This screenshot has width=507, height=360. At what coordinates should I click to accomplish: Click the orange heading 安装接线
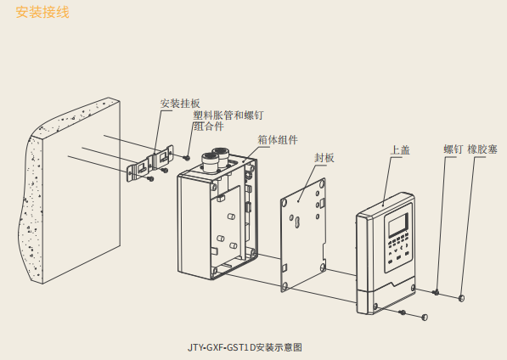pyautogui.click(x=42, y=12)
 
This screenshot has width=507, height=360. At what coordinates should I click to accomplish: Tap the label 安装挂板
pyautogui.click(x=180, y=104)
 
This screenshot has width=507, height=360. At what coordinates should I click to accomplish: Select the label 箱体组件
pyautogui.click(x=278, y=140)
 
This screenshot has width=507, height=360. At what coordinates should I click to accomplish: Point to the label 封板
pyautogui.click(x=324, y=158)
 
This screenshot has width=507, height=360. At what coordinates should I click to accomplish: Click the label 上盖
pyautogui.click(x=400, y=150)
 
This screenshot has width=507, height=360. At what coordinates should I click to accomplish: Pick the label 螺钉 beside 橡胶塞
pyautogui.click(x=453, y=149)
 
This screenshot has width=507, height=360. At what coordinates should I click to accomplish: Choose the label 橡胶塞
pyautogui.click(x=482, y=149)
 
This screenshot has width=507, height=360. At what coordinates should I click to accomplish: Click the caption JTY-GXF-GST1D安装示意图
pyautogui.click(x=245, y=347)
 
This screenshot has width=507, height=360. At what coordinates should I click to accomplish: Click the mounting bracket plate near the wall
pyautogui.click(x=149, y=164)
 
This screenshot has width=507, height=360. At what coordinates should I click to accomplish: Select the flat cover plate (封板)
pyautogui.click(x=302, y=235)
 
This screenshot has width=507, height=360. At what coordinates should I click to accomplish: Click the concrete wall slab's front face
pyautogui.click(x=82, y=192)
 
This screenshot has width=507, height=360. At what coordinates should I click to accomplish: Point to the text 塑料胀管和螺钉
pyautogui.click(x=228, y=115)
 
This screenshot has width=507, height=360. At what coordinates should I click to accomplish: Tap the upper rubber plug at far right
pyautogui.click(x=461, y=298)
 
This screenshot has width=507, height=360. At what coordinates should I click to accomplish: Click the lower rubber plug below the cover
pyautogui.click(x=425, y=317)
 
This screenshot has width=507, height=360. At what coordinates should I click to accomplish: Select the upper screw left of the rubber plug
pyautogui.click(x=436, y=292)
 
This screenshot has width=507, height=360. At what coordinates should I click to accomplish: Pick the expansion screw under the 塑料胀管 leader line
pyautogui.click(x=186, y=158)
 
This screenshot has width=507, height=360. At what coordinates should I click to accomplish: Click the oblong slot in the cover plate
pyautogui.click(x=297, y=222)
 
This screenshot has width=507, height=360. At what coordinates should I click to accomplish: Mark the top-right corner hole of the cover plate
pyautogui.click(x=323, y=183)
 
